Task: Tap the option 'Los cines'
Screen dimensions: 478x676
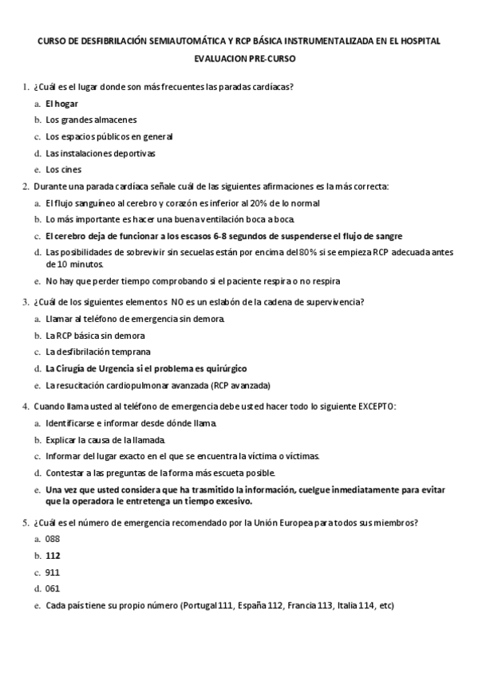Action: (x=63, y=169)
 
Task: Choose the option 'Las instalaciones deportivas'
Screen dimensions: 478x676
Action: (x=100, y=153)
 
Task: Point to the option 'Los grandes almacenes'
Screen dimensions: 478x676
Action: (x=91, y=120)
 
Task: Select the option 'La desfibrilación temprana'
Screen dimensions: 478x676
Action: (x=98, y=352)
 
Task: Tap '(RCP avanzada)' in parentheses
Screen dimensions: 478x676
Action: (x=241, y=385)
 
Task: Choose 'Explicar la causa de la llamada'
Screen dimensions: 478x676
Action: (x=105, y=440)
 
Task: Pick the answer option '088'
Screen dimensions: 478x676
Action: (x=53, y=540)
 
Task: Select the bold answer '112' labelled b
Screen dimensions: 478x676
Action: (x=53, y=556)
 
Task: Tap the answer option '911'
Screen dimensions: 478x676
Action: (x=53, y=572)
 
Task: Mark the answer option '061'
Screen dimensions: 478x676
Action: (x=53, y=588)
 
